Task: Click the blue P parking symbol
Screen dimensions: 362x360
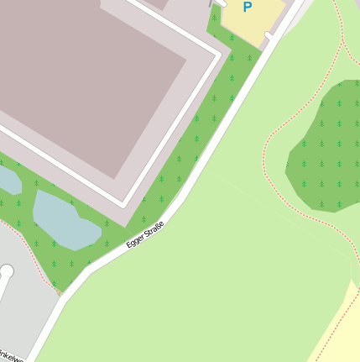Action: pyautogui.click(x=247, y=8)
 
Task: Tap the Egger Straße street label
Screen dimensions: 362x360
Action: pyautogui.click(x=145, y=233)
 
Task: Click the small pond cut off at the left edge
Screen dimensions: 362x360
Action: pyautogui.click(x=8, y=180)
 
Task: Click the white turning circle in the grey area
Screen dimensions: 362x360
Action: pyautogui.click(x=7, y=271)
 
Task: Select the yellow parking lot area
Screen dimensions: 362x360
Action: pyautogui.click(x=253, y=21)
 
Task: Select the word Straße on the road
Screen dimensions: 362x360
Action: pyautogui.click(x=154, y=227)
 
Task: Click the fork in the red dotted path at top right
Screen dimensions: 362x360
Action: pyautogui.click(x=342, y=37)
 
